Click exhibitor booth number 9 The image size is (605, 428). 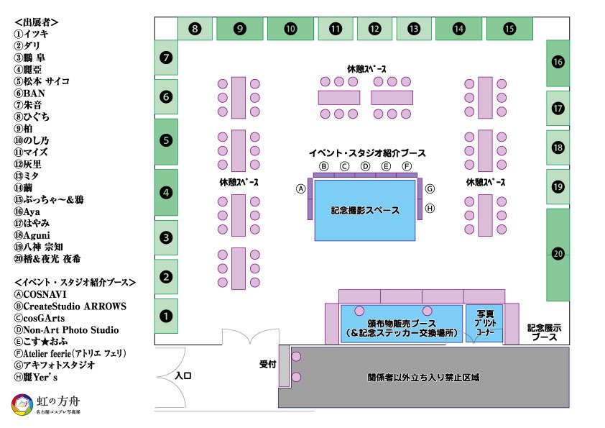(240, 29)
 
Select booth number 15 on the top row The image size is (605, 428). (509, 29)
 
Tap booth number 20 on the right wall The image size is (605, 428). (558, 253)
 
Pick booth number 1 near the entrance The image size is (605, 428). (166, 315)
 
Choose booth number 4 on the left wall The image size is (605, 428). (166, 193)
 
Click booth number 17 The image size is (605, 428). (558, 108)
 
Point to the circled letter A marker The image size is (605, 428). (301, 189)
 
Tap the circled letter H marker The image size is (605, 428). (430, 209)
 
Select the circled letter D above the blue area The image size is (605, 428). (365, 166)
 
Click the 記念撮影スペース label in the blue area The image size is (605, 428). (365, 211)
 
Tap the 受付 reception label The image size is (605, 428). (267, 365)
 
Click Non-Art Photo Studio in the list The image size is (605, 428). (70, 330)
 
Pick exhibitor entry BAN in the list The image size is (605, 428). (34, 94)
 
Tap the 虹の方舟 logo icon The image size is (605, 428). (22, 405)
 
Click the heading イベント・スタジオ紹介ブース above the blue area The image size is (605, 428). (366, 153)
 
